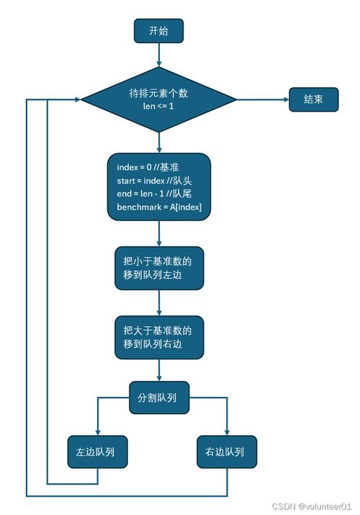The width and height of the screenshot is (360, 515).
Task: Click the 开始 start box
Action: [x=158, y=31]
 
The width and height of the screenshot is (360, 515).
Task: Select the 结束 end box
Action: [x=314, y=99]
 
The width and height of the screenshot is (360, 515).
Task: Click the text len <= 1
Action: [x=158, y=106]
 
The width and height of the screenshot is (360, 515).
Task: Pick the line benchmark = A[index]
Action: [x=158, y=207]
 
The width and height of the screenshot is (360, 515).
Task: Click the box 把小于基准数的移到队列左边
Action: [x=158, y=267]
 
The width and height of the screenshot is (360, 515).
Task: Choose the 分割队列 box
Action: [x=158, y=397]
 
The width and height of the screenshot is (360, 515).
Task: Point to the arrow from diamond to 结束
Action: [x=263, y=99]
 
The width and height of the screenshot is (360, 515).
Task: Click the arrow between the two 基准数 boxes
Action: [x=158, y=301]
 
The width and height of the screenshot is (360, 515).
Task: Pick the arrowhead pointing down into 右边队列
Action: [x=226, y=431]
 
